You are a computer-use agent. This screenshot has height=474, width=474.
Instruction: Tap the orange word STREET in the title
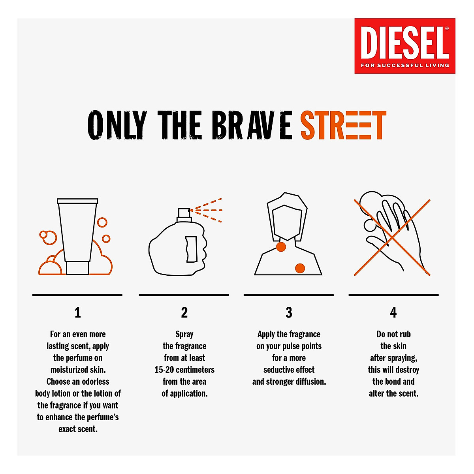343,126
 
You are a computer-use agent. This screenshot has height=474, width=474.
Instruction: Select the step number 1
78,313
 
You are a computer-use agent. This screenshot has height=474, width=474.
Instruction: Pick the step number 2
184,313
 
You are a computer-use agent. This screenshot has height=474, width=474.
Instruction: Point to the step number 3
289,313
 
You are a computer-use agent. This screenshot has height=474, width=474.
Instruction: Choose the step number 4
393,313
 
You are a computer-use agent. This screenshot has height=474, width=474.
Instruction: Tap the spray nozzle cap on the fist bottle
184,214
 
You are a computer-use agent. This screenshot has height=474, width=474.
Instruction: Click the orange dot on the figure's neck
281,247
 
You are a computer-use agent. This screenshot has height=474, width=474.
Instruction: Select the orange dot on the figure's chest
300,268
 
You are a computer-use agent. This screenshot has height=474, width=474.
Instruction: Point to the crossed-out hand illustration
392,237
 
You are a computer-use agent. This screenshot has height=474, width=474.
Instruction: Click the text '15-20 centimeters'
184,370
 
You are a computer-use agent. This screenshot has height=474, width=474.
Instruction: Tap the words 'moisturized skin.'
78,370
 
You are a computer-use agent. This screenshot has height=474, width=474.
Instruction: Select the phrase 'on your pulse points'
289,346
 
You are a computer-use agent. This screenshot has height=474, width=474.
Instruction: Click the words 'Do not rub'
393,334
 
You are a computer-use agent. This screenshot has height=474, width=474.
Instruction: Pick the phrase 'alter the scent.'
393,393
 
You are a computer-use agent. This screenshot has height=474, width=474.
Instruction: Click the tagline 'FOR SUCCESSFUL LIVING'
404,65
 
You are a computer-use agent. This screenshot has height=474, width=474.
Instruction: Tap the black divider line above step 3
289,295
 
